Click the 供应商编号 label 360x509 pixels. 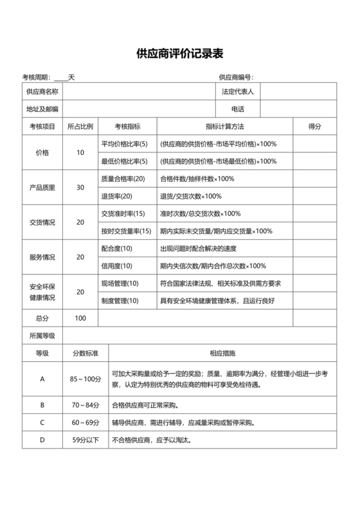click(x=236, y=77)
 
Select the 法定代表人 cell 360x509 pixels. click(x=237, y=93)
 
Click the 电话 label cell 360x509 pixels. click(x=237, y=109)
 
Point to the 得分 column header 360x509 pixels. click(x=315, y=127)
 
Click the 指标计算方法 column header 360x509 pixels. click(x=224, y=127)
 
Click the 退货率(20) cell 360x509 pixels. click(x=116, y=196)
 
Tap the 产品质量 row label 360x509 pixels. click(x=42, y=188)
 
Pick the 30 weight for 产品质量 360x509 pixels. click(x=80, y=188)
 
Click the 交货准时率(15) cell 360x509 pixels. click(x=123, y=213)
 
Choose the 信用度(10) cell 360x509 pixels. click(x=116, y=265)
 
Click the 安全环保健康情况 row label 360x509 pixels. click(x=42, y=292)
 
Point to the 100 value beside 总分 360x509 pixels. click(x=80, y=318)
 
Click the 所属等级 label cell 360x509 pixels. click(x=42, y=335)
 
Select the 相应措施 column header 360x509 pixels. click(x=222, y=353)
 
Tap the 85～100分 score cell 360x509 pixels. click(x=85, y=379)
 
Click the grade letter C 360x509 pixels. click(x=42, y=423)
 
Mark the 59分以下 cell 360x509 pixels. click(x=85, y=440)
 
